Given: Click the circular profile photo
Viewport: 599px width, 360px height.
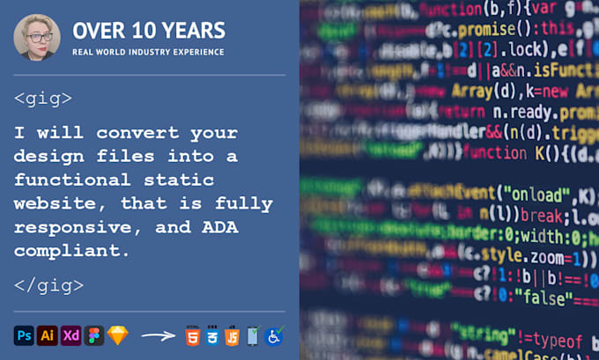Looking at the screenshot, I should coord(37,37).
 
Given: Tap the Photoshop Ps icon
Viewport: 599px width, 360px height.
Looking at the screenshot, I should coord(25,335).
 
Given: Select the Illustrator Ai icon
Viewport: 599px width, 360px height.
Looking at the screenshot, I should coord(48,335).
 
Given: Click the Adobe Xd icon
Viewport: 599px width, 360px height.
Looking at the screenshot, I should coord(70,335).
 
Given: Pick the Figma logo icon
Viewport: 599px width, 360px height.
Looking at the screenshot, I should coord(93,335).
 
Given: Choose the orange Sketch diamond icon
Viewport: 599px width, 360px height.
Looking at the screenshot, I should coord(117,335).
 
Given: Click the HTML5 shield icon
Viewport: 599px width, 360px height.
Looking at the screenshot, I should coord(192,335).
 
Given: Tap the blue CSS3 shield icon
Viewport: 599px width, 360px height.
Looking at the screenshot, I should coord(212,335).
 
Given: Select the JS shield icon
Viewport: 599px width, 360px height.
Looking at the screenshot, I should coord(233,335).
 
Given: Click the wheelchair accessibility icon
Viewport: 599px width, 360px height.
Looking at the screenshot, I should coord(274,335).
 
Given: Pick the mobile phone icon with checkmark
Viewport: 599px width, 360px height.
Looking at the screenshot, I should coord(254,335).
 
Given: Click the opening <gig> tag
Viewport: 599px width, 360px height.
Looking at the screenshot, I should coord(43,99).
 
